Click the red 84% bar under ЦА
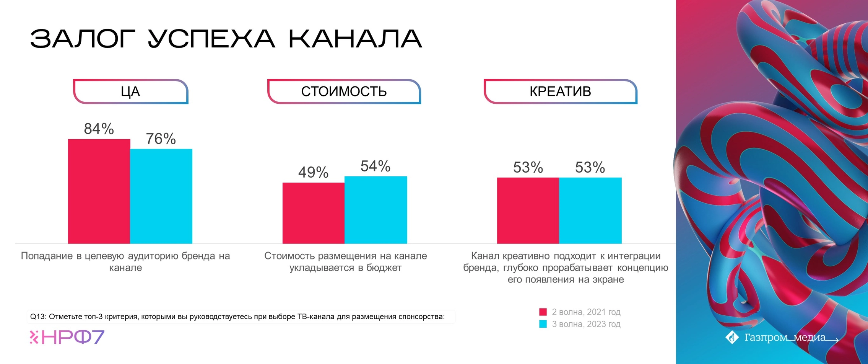99,191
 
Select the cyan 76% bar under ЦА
161,196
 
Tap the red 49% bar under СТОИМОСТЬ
313,213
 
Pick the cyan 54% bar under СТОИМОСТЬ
375,210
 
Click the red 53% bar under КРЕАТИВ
528,211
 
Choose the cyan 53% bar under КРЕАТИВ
590,211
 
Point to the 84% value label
99,129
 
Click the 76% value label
161,139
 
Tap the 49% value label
313,173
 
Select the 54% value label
375,166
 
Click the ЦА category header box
130,91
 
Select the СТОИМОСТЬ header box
344,91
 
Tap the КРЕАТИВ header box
560,91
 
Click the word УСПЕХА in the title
211,39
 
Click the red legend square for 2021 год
543,312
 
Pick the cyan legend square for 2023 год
543,324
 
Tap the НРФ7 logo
67,337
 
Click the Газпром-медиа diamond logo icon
732,337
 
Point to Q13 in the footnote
38,317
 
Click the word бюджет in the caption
384,268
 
